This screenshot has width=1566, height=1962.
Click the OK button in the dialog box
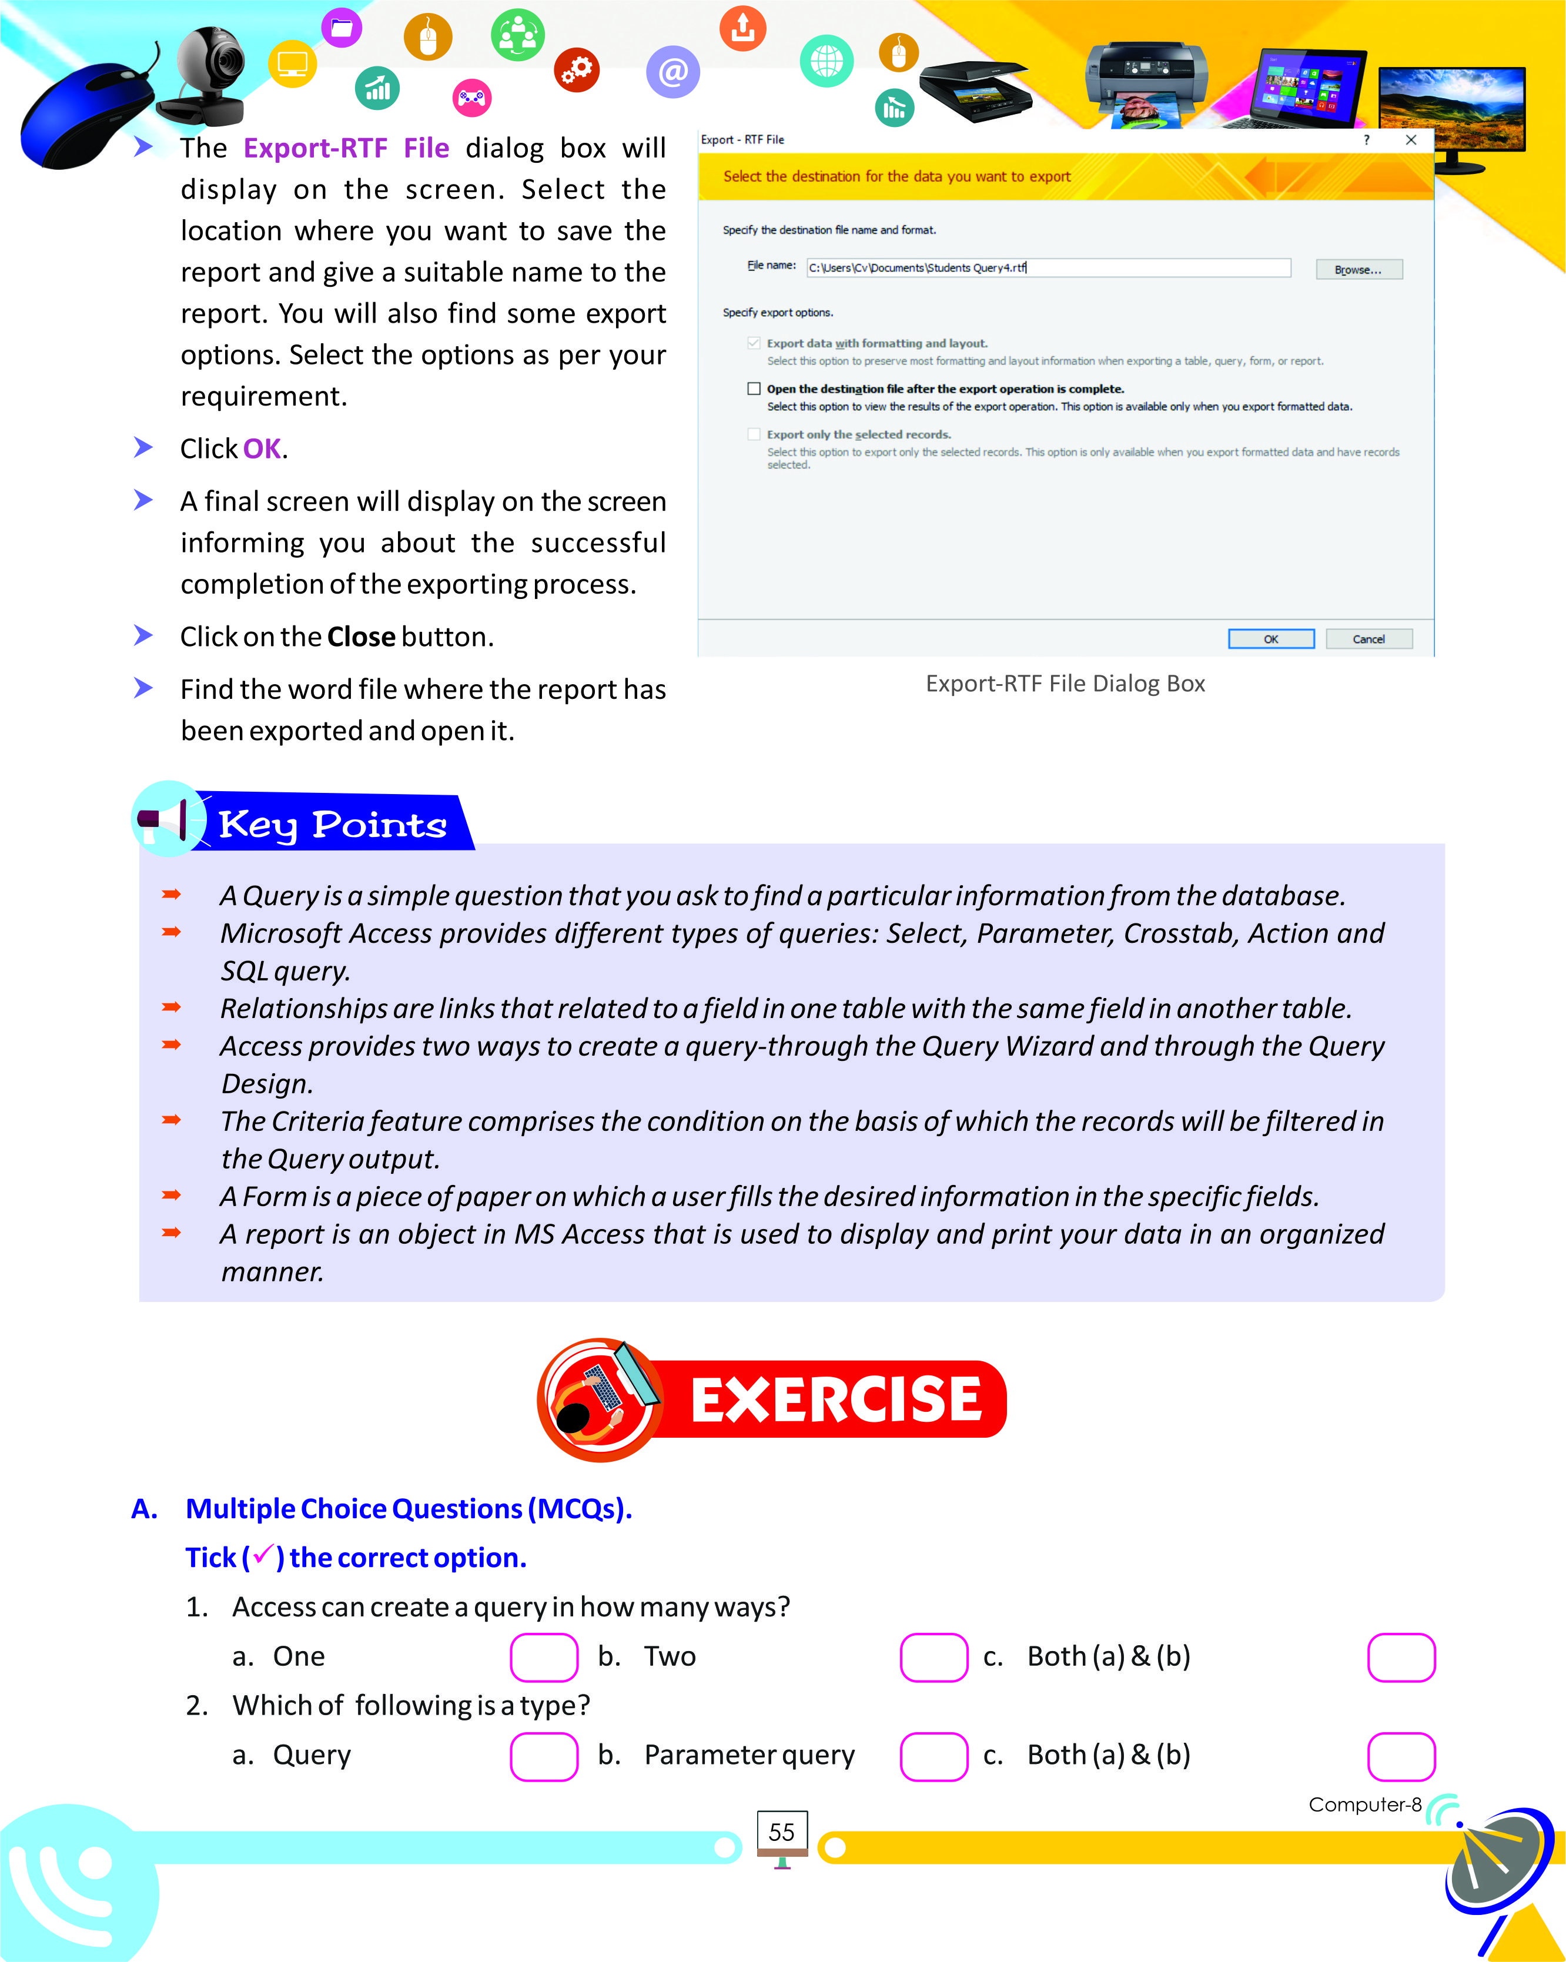pos(1270,639)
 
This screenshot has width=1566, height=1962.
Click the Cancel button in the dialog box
pos(1368,639)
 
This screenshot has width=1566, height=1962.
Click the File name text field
pos(1048,267)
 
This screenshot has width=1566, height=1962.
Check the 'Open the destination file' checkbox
pos(754,389)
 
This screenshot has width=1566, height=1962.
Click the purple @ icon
pos(672,71)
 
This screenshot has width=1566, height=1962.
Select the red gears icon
pos(577,69)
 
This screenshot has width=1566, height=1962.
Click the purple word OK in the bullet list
pos(262,448)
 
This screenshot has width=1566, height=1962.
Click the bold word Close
pos(360,637)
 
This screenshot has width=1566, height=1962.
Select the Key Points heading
pos(332,825)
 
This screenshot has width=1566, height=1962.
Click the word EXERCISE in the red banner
pos(835,1399)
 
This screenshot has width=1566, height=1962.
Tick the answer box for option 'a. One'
pos(543,1656)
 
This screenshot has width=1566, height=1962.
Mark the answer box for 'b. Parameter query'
pos(933,1756)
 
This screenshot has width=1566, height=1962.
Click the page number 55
pos(782,1832)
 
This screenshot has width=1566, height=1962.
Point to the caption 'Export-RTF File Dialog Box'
pos(1065,684)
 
